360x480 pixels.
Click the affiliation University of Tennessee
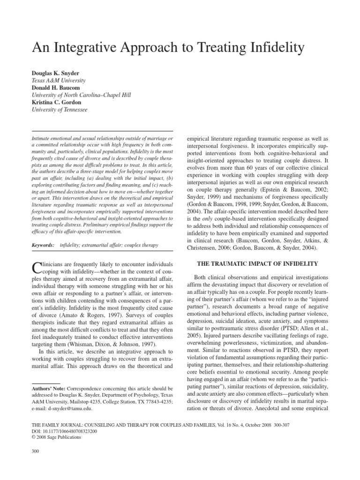(x=59, y=110)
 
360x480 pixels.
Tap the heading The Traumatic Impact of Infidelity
(x=259, y=264)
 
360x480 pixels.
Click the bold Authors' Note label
(x=48, y=389)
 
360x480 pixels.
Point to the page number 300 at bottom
(x=34, y=451)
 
